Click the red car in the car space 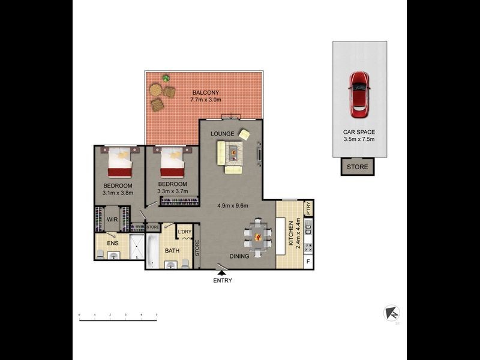click(x=359, y=95)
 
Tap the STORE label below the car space click(x=358, y=167)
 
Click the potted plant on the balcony click(x=166, y=78)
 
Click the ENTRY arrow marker click(x=222, y=273)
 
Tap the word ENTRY click(x=222, y=280)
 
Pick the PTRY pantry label click(x=308, y=208)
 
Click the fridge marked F click(x=308, y=261)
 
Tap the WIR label click(x=112, y=220)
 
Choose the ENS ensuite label click(x=112, y=243)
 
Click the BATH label click(x=172, y=251)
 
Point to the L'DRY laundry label click(x=184, y=232)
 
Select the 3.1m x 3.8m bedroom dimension click(x=117, y=193)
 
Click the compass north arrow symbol click(x=392, y=313)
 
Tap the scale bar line click(x=118, y=321)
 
